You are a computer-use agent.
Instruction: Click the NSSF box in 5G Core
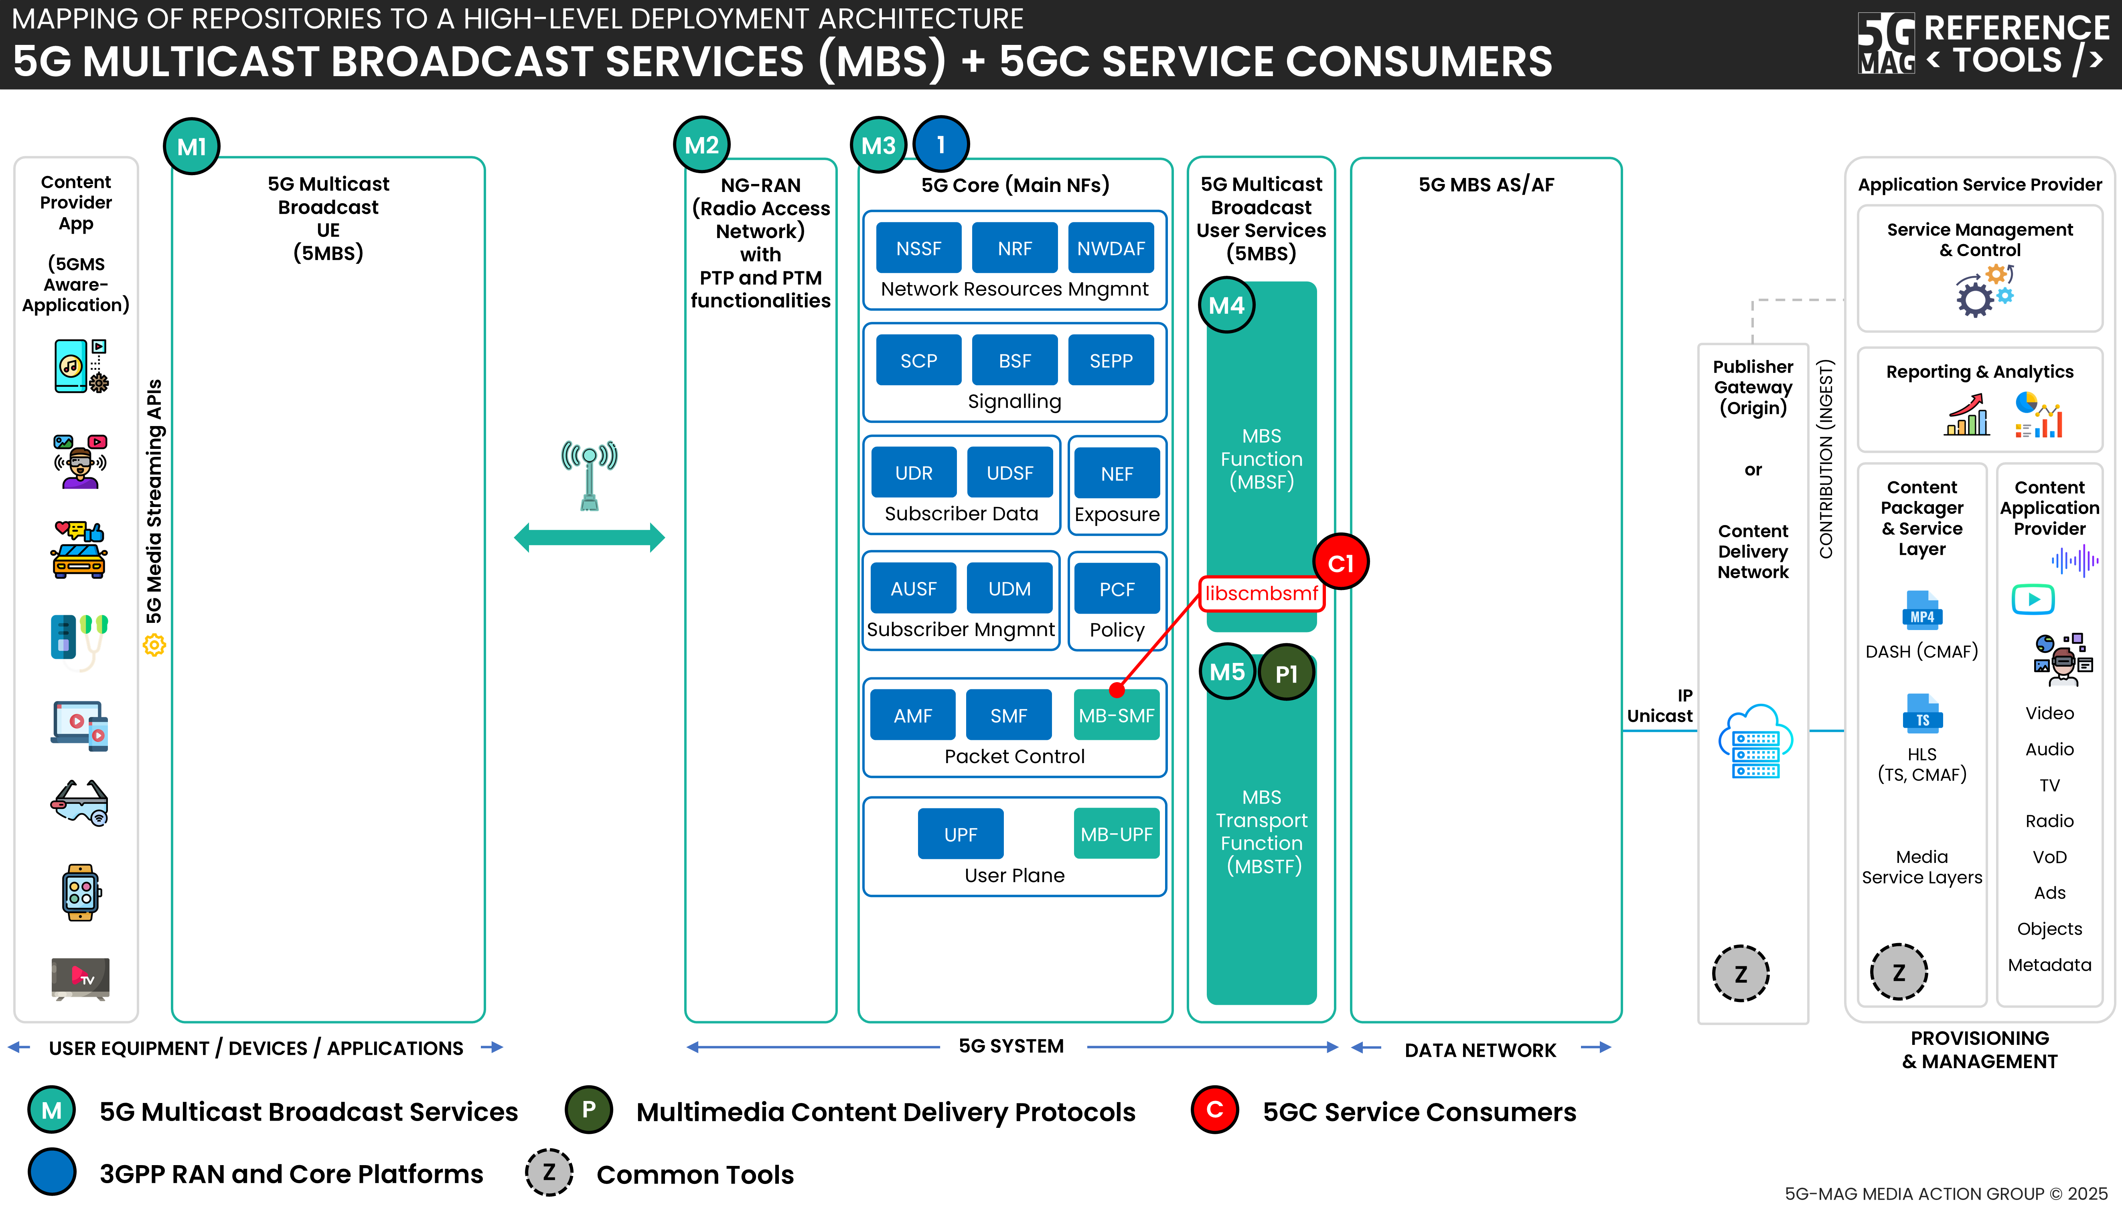(918, 248)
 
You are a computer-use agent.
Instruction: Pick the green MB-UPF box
(1116, 834)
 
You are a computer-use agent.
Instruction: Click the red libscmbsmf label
(1261, 594)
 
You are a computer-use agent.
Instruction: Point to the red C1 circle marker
(1340, 563)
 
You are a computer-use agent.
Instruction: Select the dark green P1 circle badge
(1286, 673)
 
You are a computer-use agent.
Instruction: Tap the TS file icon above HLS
(1921, 714)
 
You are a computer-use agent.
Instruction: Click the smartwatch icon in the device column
(80, 892)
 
